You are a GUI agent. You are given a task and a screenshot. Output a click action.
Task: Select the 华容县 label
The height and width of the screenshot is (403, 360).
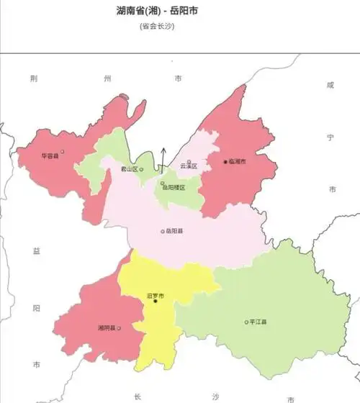(x=50, y=155)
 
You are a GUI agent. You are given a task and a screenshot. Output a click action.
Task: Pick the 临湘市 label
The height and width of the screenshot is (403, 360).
(x=238, y=163)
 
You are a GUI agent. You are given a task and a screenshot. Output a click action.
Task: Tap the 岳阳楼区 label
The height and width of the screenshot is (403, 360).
(x=174, y=187)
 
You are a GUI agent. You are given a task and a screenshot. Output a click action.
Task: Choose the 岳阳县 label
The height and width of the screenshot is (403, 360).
(x=174, y=231)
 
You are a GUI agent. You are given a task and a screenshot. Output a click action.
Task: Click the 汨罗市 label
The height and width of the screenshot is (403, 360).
(x=155, y=295)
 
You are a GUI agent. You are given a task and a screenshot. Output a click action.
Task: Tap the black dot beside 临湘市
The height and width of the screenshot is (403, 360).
(x=225, y=163)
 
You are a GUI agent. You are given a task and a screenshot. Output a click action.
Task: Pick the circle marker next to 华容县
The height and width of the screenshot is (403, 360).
(x=63, y=152)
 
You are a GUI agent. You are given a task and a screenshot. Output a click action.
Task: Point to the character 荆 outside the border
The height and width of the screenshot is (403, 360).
(x=34, y=78)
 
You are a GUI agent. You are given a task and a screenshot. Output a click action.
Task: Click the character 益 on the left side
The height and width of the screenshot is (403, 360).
(x=36, y=250)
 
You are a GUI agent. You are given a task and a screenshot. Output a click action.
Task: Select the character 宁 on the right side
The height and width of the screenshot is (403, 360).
(x=331, y=136)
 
